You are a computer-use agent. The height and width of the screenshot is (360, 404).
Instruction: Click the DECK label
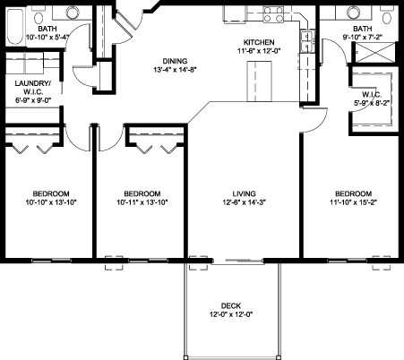pyautogui.click(x=231, y=306)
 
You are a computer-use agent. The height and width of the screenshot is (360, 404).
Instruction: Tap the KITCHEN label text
pyautogui.click(x=259, y=42)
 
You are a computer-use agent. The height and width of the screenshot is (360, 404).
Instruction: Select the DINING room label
pyautogui.click(x=175, y=61)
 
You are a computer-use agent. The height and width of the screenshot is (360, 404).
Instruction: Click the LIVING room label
pyautogui.click(x=245, y=193)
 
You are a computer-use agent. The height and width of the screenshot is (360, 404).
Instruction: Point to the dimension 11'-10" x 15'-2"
pyautogui.click(x=354, y=202)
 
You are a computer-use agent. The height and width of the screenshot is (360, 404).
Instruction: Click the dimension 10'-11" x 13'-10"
pyautogui.click(x=142, y=202)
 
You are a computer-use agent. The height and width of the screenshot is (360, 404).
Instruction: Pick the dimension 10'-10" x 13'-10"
pyautogui.click(x=51, y=202)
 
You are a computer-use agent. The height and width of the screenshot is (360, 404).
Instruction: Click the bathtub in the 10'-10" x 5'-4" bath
pyautogui.click(x=15, y=27)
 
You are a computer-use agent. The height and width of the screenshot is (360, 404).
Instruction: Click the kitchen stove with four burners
pyautogui.click(x=273, y=14)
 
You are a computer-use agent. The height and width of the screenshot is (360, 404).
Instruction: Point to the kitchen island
pyautogui.click(x=259, y=81)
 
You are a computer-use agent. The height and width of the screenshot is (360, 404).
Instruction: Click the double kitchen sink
pyautogui.click(x=307, y=41)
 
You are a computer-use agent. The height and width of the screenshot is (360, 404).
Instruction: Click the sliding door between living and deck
pyautogui.click(x=237, y=261)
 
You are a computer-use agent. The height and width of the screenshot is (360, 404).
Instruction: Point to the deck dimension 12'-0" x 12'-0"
pyautogui.click(x=231, y=314)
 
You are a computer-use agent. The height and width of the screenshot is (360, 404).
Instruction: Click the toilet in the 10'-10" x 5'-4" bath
pyautogui.click(x=39, y=18)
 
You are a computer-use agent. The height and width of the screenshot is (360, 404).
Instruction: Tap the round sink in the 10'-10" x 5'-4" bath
pyautogui.click(x=73, y=13)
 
